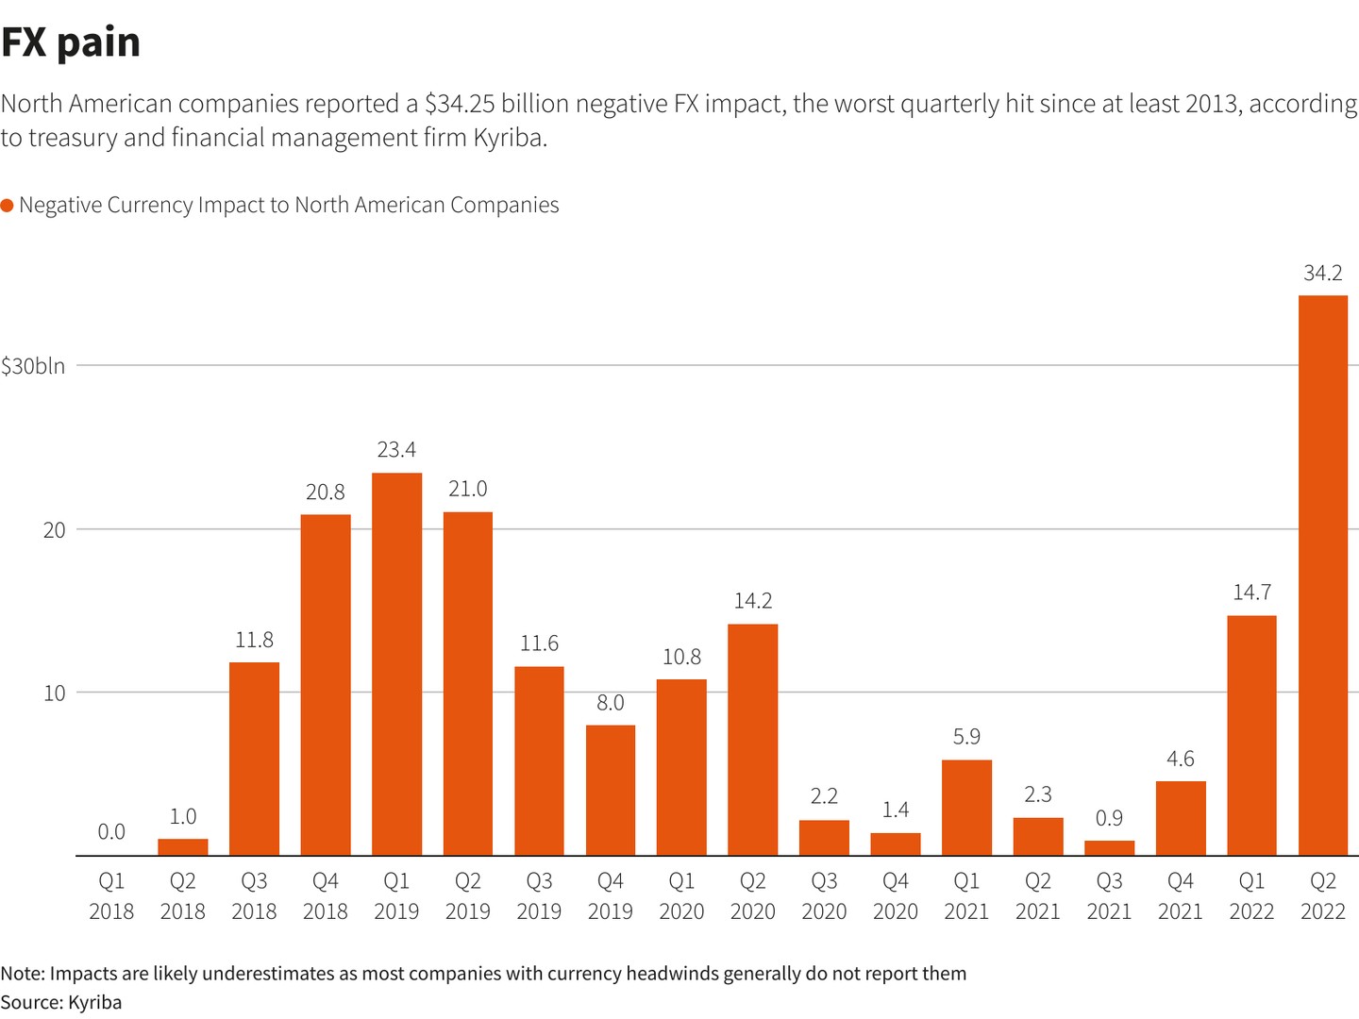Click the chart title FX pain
pyautogui.click(x=71, y=42)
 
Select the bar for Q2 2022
pyautogui.click(x=1322, y=576)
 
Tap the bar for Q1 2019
pyautogui.click(x=396, y=664)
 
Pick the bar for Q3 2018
pyautogui.click(x=254, y=759)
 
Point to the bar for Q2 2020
pyautogui.click(x=752, y=740)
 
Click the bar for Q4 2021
pyautogui.click(x=1180, y=818)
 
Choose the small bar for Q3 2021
pyautogui.click(x=1109, y=848)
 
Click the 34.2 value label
pyautogui.click(x=1322, y=274)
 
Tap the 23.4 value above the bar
pyautogui.click(x=396, y=450)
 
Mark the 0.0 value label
pyautogui.click(x=111, y=832)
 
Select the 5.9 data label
pyautogui.click(x=966, y=737)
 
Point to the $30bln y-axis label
pyautogui.click(x=34, y=366)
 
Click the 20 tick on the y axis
pyautogui.click(x=55, y=529)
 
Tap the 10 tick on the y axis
pyautogui.click(x=55, y=693)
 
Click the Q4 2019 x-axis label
pyautogui.click(x=610, y=896)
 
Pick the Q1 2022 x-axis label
pyautogui.click(x=1251, y=896)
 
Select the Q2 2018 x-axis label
pyautogui.click(x=182, y=896)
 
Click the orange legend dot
pyautogui.click(x=7, y=206)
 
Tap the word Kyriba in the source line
pyautogui.click(x=94, y=1002)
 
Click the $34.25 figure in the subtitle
pyautogui.click(x=460, y=104)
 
